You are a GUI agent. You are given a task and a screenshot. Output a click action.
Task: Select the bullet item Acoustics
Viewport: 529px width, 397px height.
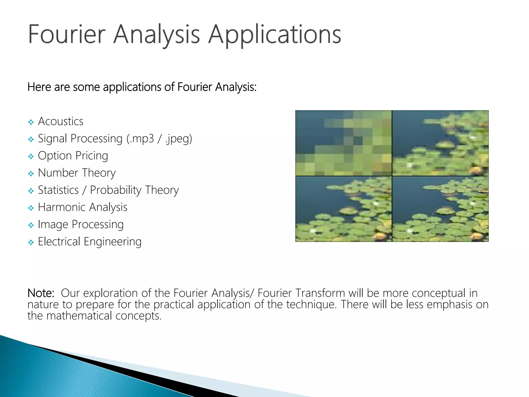[60, 121]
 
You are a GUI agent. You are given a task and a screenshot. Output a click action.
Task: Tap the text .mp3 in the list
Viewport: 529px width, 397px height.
[142, 139]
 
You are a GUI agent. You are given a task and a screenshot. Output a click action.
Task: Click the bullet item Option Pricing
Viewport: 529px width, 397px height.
[73, 156]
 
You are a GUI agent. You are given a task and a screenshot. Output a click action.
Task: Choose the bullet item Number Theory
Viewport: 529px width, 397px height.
[77, 173]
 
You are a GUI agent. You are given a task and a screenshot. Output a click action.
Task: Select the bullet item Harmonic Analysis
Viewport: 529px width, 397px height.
[82, 207]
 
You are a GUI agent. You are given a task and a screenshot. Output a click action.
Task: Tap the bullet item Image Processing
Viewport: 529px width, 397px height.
[81, 224]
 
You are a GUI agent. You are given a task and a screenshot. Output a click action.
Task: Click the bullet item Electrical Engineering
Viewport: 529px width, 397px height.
[90, 241]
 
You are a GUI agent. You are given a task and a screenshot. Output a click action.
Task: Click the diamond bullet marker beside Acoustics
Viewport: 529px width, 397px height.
[31, 122]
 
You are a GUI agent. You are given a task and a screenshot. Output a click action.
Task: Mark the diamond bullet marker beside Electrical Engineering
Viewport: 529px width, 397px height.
[31, 242]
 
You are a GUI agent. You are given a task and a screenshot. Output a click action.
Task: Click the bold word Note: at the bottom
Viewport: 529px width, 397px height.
[41, 293]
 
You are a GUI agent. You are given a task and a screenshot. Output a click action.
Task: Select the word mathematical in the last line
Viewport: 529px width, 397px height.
[79, 316]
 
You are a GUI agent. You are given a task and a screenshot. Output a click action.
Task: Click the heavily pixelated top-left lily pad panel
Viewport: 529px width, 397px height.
[343, 143]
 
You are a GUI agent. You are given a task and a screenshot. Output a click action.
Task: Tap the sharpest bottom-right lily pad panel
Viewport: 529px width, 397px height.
[440, 209]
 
